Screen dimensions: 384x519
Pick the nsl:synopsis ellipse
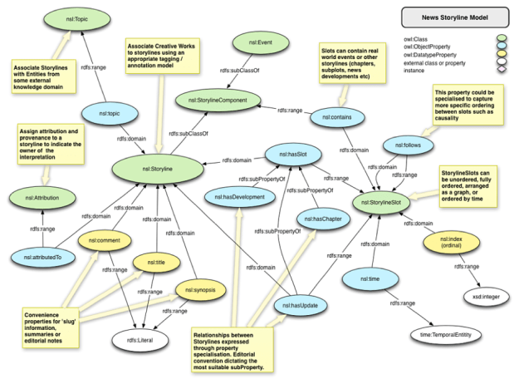pyautogui.click(x=201, y=290)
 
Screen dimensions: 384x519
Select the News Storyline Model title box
pyautogui.click(x=455, y=17)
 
